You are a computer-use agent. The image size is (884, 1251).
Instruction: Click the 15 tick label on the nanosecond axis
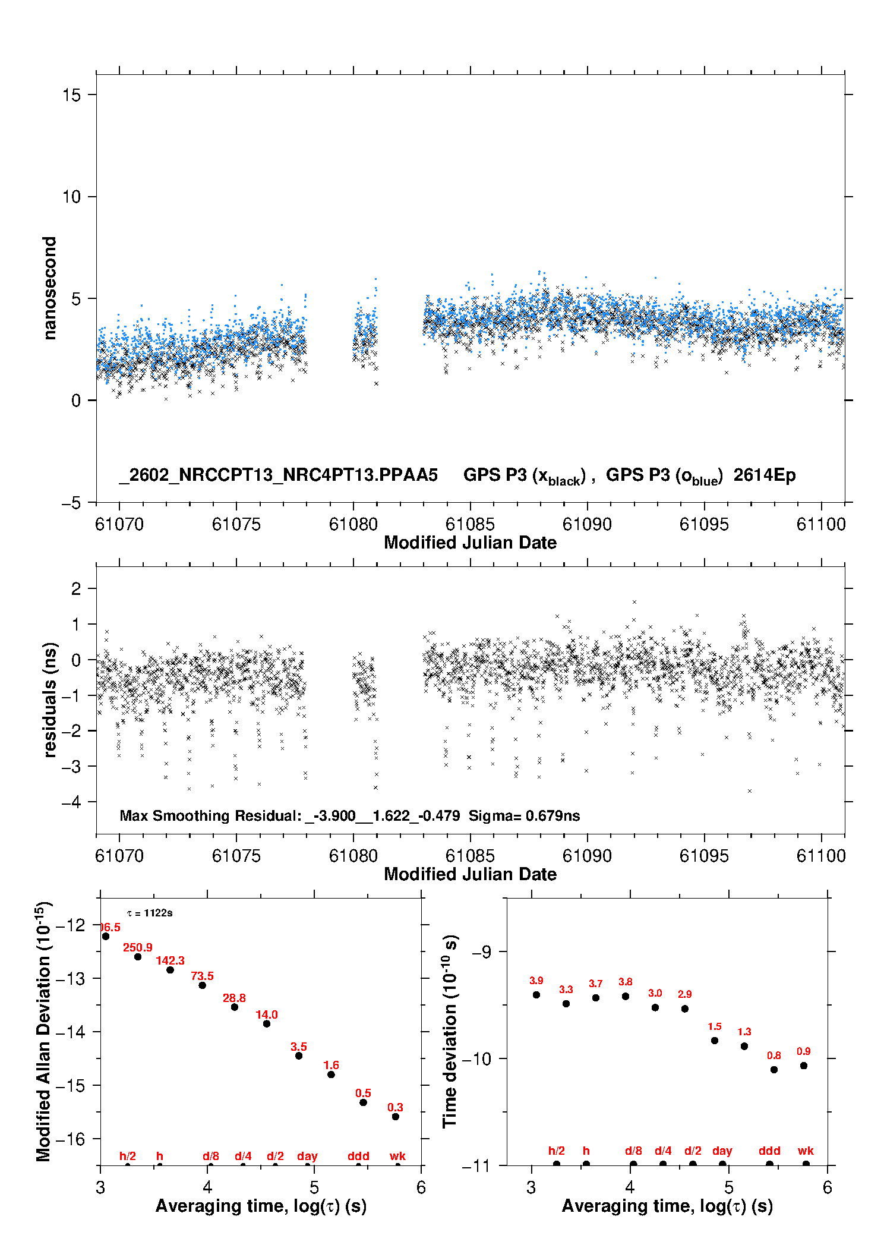coord(71,95)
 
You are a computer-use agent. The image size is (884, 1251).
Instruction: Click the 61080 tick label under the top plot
coord(353,524)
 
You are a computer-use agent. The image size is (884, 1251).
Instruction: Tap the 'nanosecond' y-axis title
coord(50,288)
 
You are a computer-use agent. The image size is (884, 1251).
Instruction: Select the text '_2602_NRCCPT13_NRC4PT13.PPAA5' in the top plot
coord(279,475)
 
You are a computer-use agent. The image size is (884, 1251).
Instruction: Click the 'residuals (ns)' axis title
coord(50,699)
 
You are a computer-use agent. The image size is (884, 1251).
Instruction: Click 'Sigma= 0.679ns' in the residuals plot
coord(524,815)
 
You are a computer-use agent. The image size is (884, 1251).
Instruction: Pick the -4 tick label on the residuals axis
coord(71,802)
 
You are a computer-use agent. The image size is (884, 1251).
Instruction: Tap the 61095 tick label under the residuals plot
coord(704,856)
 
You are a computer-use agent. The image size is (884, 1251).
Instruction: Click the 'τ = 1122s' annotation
coord(150,913)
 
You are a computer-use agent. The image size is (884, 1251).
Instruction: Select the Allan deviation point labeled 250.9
coord(138,957)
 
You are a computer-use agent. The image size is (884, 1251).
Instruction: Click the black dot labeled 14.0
coord(267,1023)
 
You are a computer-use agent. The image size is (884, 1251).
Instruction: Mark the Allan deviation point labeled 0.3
coord(396,1117)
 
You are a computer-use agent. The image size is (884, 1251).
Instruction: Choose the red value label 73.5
coord(202,976)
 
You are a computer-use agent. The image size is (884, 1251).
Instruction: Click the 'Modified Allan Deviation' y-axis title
coord(43,1031)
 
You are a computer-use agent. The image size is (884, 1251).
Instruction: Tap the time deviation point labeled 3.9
coord(536,995)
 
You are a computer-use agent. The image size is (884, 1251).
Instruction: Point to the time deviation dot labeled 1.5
coord(715,1041)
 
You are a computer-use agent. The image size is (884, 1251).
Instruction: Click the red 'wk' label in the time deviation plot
coord(806,1151)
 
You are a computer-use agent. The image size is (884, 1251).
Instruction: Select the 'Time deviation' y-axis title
coord(450,1031)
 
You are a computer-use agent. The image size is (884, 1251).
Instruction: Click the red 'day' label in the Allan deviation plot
coord(307,1156)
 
